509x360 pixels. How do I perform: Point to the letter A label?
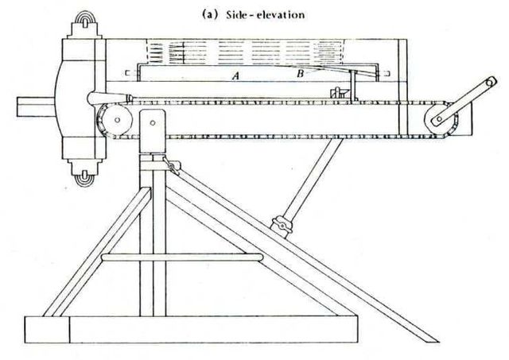click(235, 76)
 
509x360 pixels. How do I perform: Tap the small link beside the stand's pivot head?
click(168, 165)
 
